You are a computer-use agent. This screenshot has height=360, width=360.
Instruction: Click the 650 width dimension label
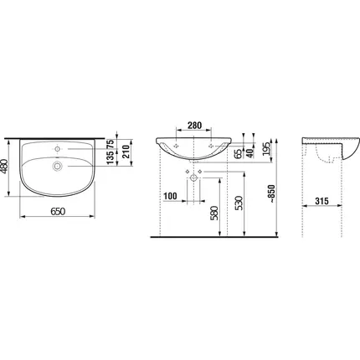click(58, 212)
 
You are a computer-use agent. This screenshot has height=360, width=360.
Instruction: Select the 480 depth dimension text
click(5, 167)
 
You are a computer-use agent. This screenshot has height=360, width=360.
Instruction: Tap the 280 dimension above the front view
click(194, 126)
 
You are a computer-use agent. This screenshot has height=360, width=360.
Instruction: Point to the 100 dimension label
click(170, 196)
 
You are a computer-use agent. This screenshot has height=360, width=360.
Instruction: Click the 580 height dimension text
click(214, 213)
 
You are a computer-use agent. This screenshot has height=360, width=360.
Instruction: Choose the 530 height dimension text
click(239, 203)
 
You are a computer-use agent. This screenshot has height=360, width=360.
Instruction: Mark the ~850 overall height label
click(271, 194)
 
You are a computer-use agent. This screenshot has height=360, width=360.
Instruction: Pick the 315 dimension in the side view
click(322, 201)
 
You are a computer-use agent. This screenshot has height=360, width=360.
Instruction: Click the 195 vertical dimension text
click(266, 149)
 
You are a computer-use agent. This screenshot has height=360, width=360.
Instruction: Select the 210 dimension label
click(126, 152)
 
